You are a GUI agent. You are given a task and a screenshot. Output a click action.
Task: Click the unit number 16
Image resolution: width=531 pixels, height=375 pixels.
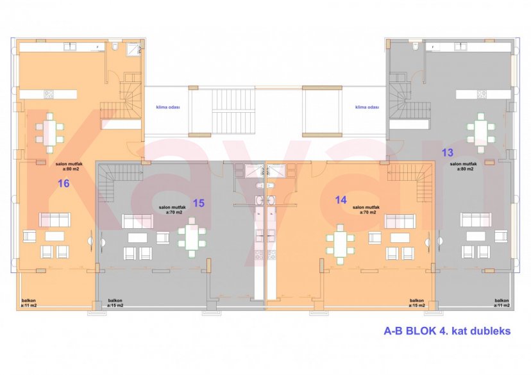tap(63, 183)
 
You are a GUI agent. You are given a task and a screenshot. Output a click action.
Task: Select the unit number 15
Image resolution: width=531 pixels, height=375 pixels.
tap(198, 203)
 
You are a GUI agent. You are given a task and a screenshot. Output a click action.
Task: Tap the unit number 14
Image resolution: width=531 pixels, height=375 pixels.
tap(341, 199)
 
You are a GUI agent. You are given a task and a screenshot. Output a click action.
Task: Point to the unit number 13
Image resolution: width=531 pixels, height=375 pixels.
tap(448, 152)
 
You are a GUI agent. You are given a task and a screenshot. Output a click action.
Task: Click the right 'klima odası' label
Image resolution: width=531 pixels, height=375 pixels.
tap(367, 108)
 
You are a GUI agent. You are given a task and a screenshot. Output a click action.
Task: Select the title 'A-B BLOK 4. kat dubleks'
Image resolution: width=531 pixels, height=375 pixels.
tap(448, 332)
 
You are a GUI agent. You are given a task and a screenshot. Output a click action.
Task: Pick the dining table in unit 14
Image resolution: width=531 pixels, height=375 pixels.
tap(340, 242)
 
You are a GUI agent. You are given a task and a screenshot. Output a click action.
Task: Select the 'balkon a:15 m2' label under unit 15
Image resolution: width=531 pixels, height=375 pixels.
tap(115, 303)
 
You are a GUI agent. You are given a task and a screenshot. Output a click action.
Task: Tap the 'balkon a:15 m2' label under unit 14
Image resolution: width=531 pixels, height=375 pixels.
tap(417, 303)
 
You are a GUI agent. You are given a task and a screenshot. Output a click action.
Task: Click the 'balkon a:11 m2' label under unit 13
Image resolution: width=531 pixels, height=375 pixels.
tap(501, 303)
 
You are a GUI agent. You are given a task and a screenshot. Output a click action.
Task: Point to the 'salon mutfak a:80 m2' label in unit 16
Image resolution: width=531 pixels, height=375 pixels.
tap(67, 167)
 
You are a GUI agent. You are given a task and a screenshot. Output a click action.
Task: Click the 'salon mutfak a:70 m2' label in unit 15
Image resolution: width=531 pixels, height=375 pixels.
tap(170, 210)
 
